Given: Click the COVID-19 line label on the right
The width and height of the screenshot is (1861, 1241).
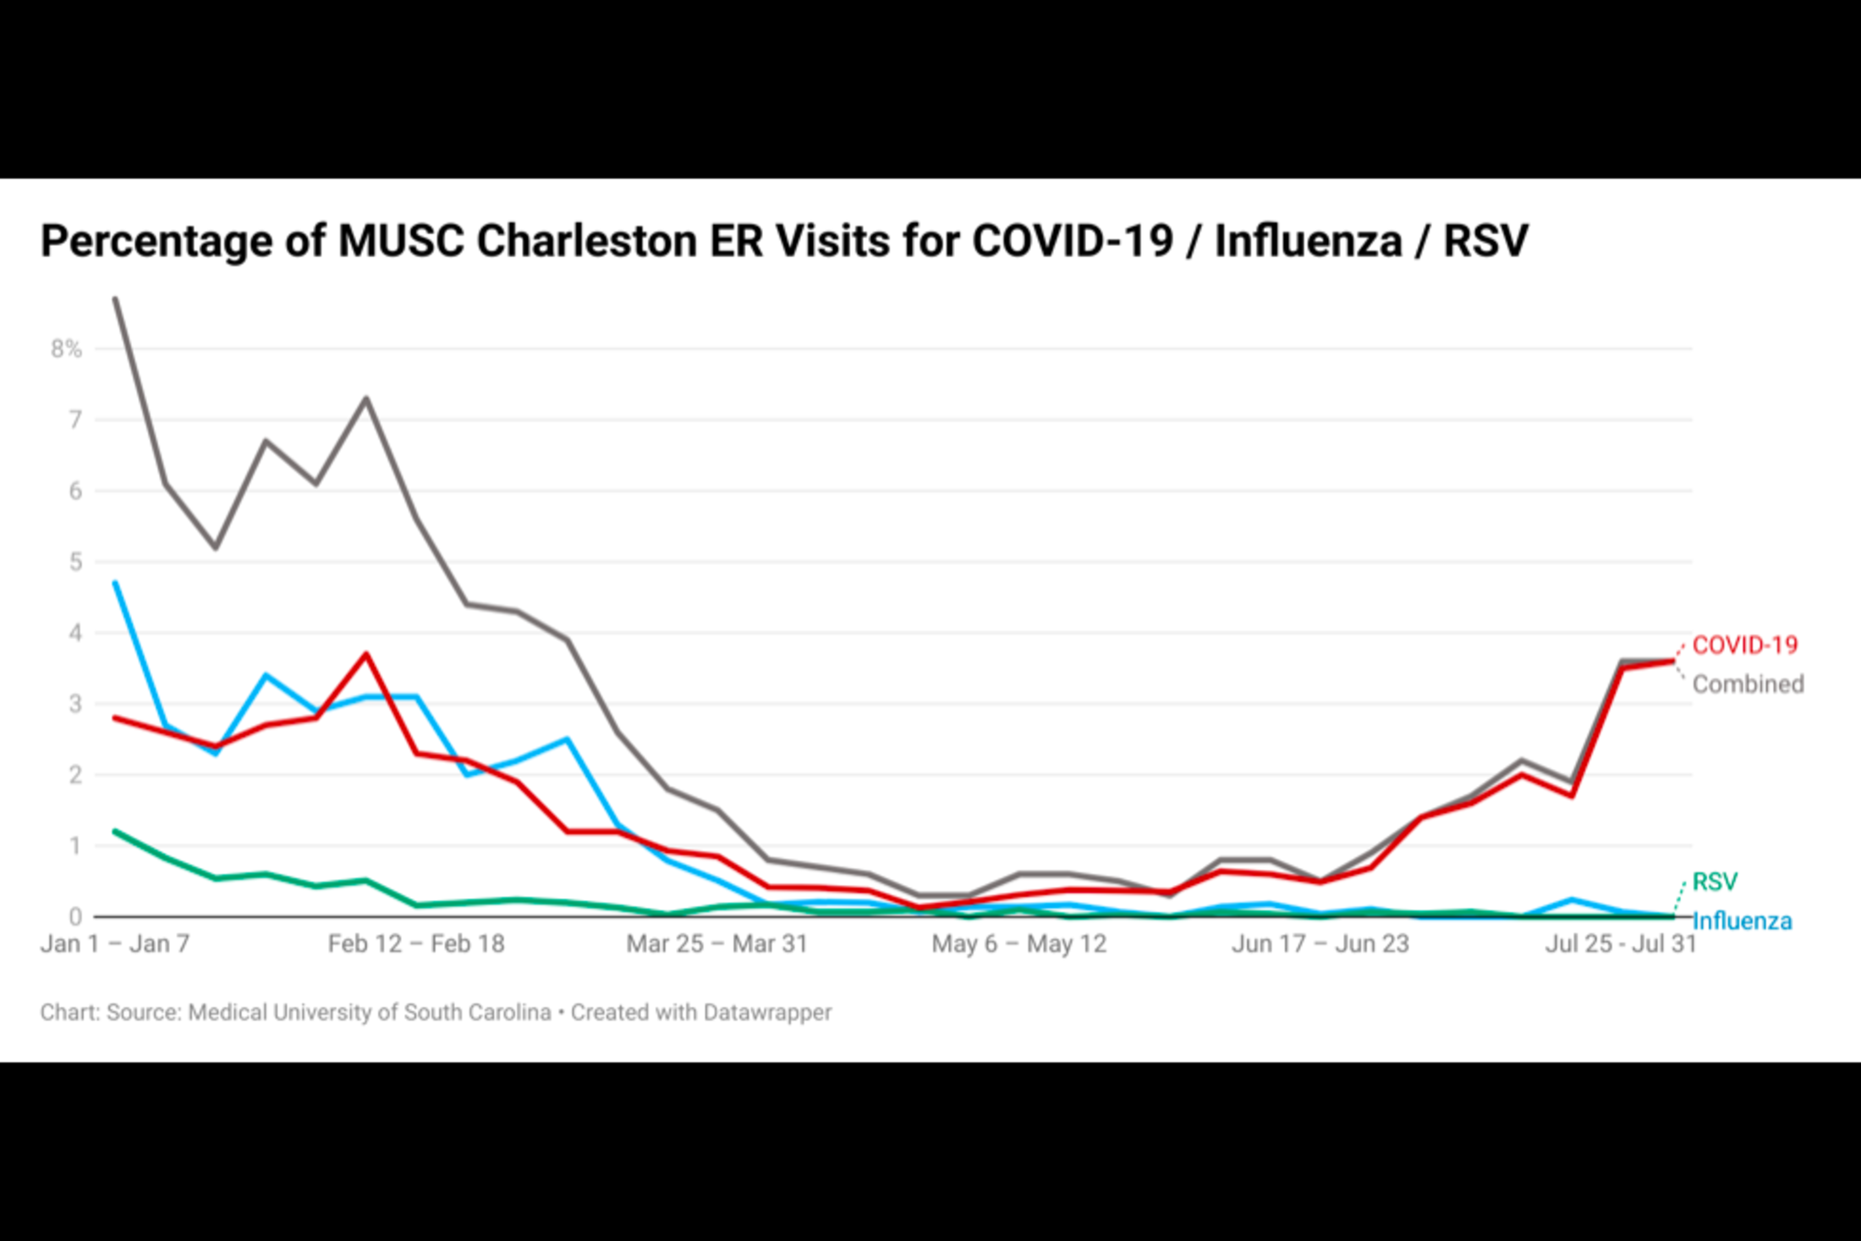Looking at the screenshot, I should point(1744,645).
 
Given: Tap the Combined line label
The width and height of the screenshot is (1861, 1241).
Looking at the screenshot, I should point(1748,684).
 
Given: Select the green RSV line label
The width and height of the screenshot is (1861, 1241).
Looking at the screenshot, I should point(1715,881).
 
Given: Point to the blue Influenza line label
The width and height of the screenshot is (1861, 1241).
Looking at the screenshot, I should point(1742,920).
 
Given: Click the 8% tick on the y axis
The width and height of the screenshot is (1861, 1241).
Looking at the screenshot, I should point(66,349).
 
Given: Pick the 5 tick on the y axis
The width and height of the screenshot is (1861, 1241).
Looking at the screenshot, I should point(75,562).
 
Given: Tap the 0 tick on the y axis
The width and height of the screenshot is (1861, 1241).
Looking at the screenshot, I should point(75,917).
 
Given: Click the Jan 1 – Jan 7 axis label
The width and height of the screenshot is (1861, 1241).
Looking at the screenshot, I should point(115,943).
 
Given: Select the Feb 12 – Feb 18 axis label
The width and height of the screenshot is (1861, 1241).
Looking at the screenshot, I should point(416,943).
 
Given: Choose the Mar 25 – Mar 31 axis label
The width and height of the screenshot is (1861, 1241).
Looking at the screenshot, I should point(716,943).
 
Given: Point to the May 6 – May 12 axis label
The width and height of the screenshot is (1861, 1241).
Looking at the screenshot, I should point(1018,943).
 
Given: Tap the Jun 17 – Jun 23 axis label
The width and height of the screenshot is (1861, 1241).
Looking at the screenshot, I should point(1320,943).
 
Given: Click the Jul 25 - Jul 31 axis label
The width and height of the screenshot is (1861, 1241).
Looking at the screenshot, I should point(1621,943).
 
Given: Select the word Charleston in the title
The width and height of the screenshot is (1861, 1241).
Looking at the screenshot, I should point(588,241).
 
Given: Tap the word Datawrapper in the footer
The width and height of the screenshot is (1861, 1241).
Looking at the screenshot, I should point(767,1013).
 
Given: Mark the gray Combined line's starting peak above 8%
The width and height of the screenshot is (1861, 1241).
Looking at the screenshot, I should point(115,299).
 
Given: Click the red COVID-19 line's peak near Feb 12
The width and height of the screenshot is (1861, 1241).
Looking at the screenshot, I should point(366,654).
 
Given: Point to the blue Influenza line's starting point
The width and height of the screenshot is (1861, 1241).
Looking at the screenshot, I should point(115,583).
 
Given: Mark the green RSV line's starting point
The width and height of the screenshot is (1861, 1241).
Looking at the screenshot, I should point(115,832).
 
